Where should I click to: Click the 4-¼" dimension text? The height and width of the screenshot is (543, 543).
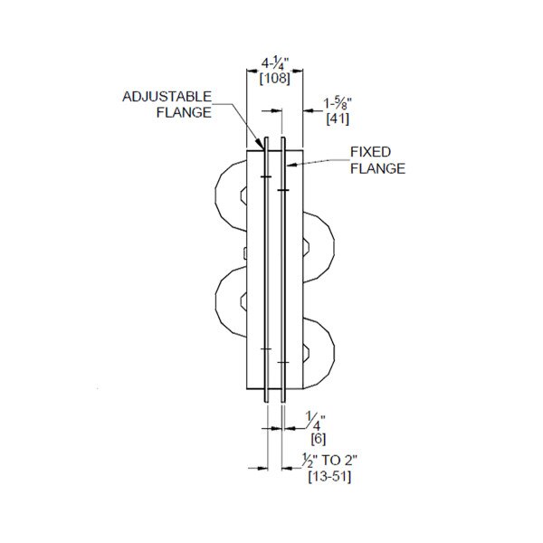[275, 64]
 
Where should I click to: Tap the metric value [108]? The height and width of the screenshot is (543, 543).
[275, 79]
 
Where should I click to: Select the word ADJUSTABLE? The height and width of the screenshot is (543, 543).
[167, 97]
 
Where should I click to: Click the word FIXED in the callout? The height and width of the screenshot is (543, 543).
[370, 152]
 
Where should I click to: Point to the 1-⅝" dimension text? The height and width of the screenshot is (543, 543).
[338, 104]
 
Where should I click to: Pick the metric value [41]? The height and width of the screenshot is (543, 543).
[338, 119]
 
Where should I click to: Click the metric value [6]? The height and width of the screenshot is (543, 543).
[319, 439]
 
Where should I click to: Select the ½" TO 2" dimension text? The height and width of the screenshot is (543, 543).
[329, 461]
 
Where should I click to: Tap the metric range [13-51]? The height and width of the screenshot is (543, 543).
[329, 477]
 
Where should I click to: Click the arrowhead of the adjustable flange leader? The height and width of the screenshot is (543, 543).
[261, 143]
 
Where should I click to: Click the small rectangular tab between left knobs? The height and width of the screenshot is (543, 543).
[245, 253]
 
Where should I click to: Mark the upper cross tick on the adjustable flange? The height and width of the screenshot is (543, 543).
[266, 177]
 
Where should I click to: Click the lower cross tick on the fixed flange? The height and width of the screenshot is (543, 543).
[283, 362]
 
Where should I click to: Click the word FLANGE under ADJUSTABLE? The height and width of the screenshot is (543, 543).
[184, 112]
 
